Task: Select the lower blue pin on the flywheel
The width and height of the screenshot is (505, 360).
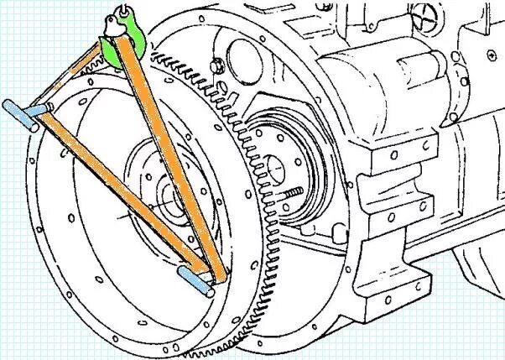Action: (x=195, y=279)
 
